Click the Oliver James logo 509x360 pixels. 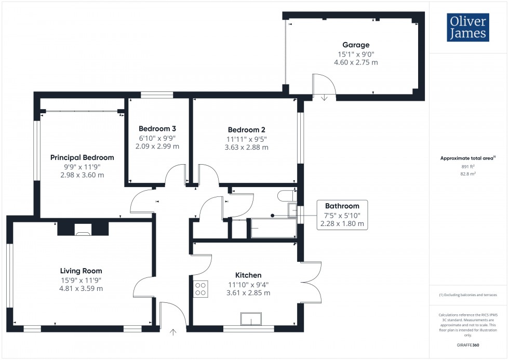coord(467,28)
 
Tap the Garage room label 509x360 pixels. coord(355,45)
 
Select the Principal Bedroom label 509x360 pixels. coord(82,157)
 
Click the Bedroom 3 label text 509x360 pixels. coord(157,129)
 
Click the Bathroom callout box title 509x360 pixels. coord(342,206)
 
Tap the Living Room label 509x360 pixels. coord(81,271)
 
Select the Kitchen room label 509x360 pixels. coord(248,275)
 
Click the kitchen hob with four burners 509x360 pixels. coord(200,289)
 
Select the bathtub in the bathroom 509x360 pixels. coord(273,228)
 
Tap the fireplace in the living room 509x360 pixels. coord(83,229)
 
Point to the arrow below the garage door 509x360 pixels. coord(324,97)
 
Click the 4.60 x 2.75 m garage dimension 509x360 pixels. coord(355,62)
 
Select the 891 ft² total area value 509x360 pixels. coord(468,167)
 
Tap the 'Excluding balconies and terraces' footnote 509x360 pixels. coord(468,295)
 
